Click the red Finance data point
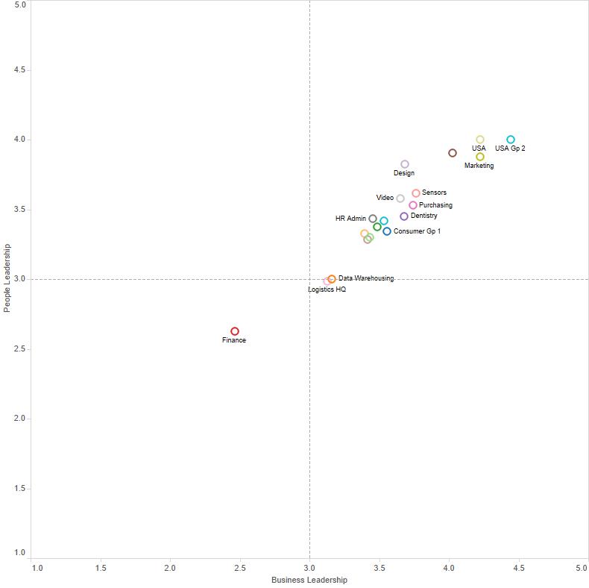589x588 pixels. point(235,331)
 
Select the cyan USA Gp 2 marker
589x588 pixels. point(511,140)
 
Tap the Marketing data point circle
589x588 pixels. point(480,157)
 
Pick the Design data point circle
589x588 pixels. point(405,164)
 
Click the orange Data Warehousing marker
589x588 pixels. point(332,279)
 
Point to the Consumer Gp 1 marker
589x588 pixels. point(387,231)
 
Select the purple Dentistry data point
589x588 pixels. point(404,216)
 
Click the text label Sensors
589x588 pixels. point(434,193)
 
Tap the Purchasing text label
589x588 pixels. point(435,205)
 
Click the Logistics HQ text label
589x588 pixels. point(327,289)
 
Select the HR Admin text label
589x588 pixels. point(350,219)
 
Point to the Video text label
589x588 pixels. point(385,198)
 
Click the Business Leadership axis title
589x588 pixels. point(309,580)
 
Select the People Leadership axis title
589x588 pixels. point(7,278)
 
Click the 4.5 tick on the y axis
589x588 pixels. point(19,70)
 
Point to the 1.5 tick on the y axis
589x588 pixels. point(19,488)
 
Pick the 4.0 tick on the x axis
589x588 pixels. point(449,569)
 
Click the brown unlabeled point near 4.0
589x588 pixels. point(453,153)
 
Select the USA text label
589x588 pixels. point(479,148)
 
